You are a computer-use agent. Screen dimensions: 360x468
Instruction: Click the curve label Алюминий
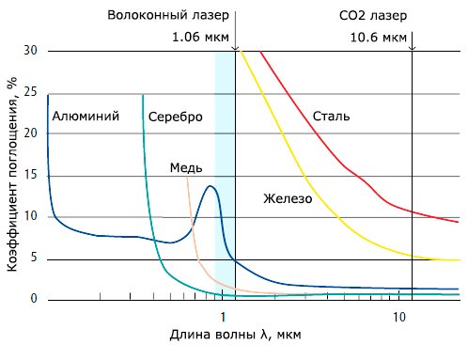pyautogui.click(x=86, y=117)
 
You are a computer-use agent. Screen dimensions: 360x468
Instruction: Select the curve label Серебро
pyautogui.click(x=176, y=117)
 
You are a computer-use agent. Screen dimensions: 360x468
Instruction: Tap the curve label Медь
pyautogui.click(x=186, y=167)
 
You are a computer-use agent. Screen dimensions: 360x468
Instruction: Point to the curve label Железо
pyautogui.click(x=287, y=199)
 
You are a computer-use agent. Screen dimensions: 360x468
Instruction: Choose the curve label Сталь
pyautogui.click(x=332, y=117)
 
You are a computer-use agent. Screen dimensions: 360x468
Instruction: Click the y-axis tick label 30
pyautogui.click(x=29, y=50)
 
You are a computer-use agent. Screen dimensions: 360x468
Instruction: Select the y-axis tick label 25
pyautogui.click(x=29, y=91)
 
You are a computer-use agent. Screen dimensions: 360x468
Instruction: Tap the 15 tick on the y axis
pyautogui.click(x=29, y=175)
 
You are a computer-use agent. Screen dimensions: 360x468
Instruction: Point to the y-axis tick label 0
pyautogui.click(x=33, y=299)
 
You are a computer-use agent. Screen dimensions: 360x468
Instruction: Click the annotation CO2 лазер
pyautogui.click(x=373, y=16)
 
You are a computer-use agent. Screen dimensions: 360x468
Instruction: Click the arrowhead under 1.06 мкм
pyautogui.click(x=234, y=46)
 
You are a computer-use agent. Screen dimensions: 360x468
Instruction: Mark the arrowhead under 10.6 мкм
pyautogui.click(x=413, y=46)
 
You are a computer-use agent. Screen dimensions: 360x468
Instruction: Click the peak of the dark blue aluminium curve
pyautogui.click(x=211, y=186)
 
